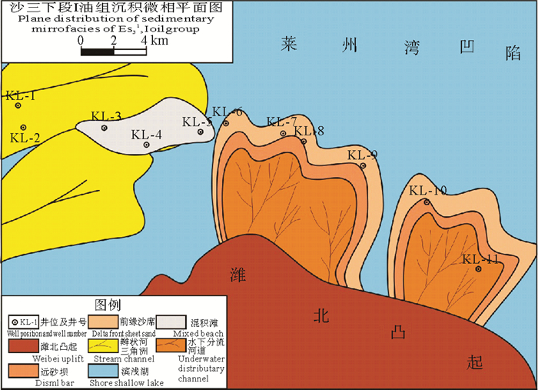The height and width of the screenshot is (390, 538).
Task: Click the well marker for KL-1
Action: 18,106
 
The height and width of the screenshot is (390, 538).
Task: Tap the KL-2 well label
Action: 25,138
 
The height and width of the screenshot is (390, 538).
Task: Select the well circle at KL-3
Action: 105,128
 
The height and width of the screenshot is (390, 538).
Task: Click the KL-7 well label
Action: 281,122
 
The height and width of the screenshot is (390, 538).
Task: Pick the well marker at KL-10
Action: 427,202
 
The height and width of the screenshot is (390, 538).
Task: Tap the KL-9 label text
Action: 362,155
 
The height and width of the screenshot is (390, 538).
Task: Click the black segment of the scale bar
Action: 97,52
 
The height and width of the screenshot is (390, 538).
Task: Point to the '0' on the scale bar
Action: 81,40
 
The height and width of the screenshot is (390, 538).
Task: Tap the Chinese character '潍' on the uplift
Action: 237,274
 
